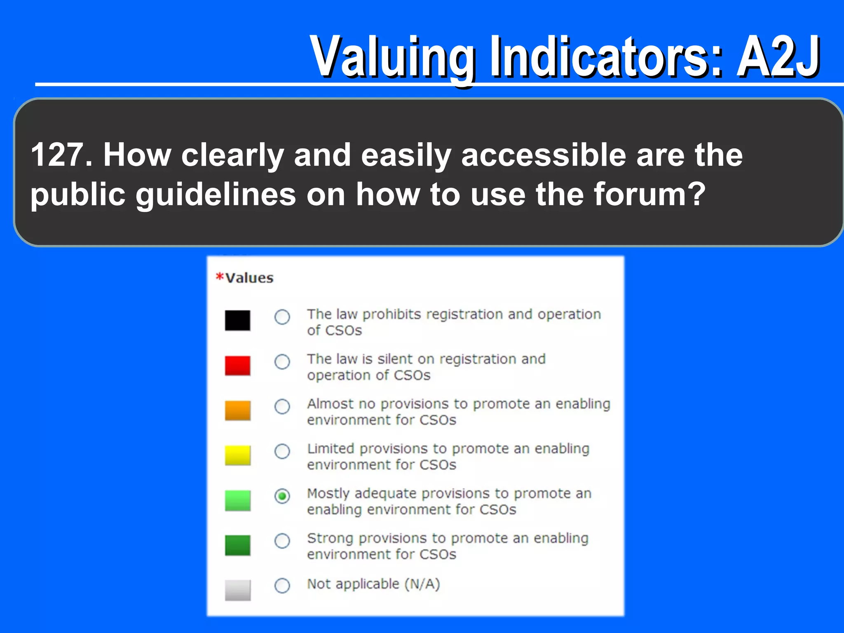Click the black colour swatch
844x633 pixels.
pos(237,320)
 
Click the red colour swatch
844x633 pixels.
pos(237,366)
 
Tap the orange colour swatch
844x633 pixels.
pos(237,410)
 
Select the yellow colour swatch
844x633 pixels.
pos(237,455)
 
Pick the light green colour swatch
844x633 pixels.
pos(237,500)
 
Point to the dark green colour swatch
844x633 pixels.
pos(237,545)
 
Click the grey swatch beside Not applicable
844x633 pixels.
pos(237,590)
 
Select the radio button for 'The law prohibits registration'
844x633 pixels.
pos(282,317)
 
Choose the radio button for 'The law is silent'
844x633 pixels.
pos(282,362)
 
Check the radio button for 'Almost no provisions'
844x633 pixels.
pos(282,407)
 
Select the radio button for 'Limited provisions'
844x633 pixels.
pos(282,451)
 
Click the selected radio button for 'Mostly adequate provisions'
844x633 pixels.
pos(282,496)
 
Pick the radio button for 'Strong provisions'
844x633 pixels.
pos(282,541)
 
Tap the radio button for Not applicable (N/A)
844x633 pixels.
pos(282,586)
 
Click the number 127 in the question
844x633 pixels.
pos(58,155)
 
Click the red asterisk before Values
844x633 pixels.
pos(220,277)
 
